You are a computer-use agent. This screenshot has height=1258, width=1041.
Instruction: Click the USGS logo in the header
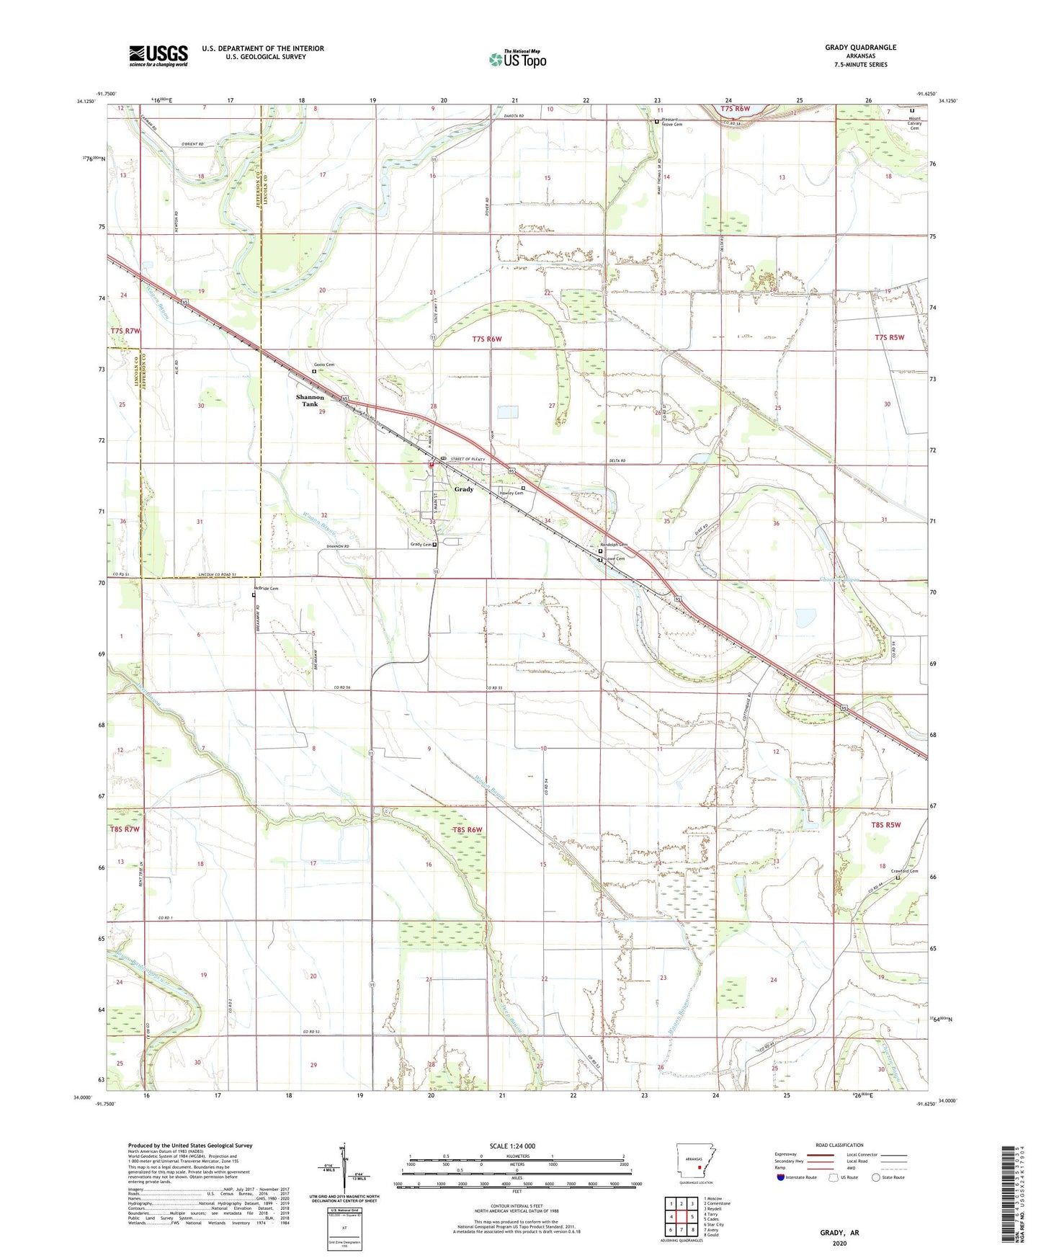[158, 55]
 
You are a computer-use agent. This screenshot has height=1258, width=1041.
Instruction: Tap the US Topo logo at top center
[517, 59]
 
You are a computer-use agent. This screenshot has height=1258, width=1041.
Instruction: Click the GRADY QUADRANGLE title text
[860, 48]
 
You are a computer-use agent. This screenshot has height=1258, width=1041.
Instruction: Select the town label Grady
[463, 489]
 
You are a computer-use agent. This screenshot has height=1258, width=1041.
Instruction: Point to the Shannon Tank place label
[310, 401]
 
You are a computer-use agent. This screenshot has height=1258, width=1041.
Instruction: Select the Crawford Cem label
[905, 871]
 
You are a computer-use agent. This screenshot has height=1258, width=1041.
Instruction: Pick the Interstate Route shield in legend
[782, 1177]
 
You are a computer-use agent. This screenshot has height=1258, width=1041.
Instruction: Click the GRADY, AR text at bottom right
[839, 1233]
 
